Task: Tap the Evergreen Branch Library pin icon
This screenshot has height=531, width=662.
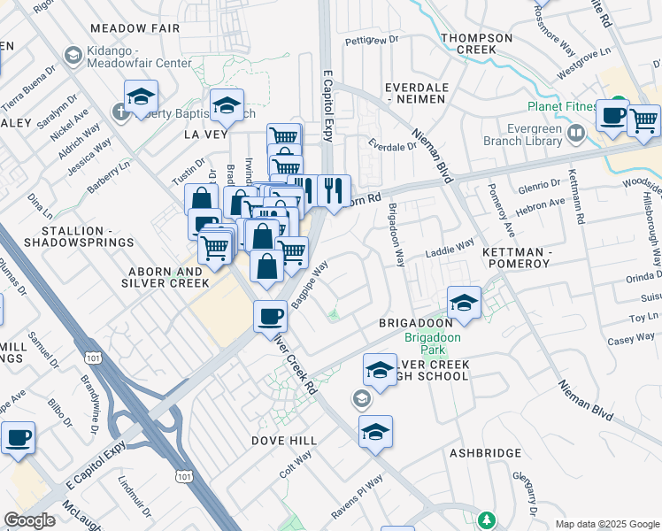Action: (576, 134)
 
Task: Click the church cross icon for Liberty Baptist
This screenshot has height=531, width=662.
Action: (121, 112)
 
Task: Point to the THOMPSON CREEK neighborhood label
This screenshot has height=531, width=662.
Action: (476, 44)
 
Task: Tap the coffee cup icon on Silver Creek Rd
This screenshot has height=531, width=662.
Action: (270, 315)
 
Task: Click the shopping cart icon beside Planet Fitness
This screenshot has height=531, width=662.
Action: (643, 119)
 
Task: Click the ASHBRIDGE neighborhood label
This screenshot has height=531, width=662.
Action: (485, 452)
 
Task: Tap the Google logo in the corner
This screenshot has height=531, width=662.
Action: (29, 519)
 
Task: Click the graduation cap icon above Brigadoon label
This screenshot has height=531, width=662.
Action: (464, 302)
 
